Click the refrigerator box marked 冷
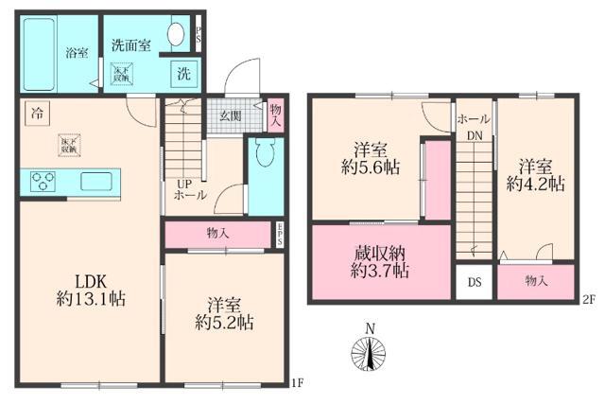coord(35,111)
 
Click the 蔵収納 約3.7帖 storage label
coord(375,261)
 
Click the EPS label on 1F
coord(280,234)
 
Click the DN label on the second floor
coord(472,135)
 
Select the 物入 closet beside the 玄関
coord(275,116)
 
